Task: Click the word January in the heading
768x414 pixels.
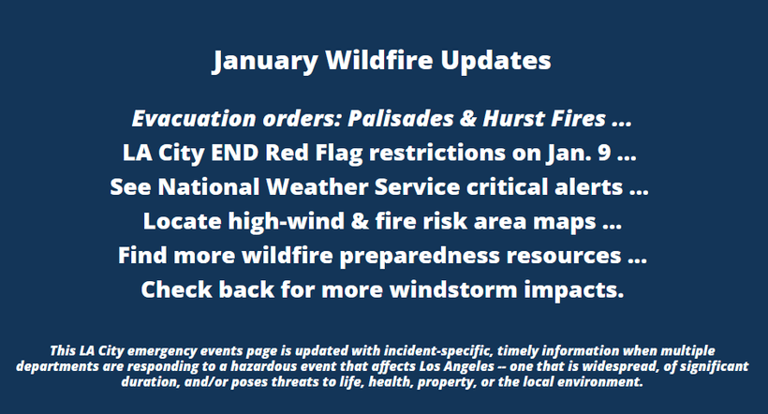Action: [265, 61]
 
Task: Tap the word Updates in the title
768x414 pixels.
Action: [495, 61]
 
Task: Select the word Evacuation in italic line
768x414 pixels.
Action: [194, 119]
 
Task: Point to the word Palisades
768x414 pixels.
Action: [401, 119]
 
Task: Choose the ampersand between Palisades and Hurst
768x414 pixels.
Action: [468, 119]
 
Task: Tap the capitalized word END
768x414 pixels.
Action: [234, 153]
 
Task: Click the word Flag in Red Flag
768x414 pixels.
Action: [339, 154]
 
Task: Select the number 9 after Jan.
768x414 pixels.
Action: [604, 153]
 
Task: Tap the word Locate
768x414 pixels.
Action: [183, 221]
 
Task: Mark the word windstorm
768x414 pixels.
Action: [453, 290]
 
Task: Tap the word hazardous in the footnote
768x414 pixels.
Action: [263, 366]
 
